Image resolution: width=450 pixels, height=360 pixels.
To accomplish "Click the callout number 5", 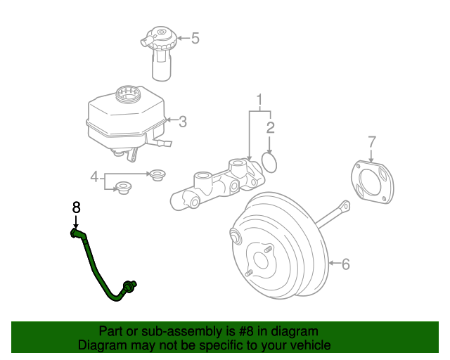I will click(195, 38).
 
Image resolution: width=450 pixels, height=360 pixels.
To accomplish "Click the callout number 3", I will click(182, 122).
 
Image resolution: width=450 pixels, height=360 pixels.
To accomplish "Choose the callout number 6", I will click(345, 264).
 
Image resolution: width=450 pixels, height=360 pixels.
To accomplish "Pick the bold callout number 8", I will click(77, 207).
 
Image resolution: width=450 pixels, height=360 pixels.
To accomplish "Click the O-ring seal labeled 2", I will click(270, 162).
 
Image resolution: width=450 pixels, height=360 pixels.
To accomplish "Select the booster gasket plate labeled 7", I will click(373, 184).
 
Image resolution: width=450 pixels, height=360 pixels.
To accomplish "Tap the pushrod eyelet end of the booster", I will click(344, 206).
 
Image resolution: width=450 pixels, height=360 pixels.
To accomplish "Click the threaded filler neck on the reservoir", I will click(129, 92).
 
